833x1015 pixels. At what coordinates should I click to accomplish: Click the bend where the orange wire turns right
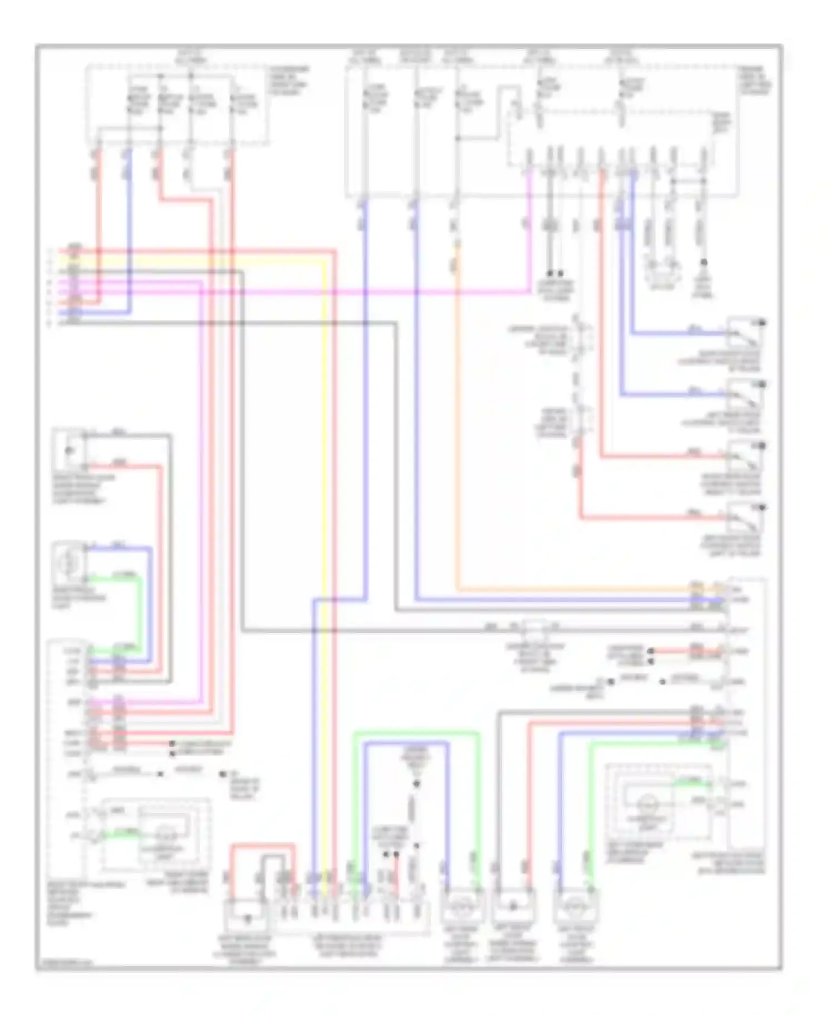click(457, 589)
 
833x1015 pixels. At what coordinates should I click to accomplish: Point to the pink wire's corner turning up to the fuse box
click(528, 291)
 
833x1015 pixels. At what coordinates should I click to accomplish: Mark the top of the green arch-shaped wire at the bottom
click(416, 732)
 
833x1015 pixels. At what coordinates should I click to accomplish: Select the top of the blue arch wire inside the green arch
click(405, 743)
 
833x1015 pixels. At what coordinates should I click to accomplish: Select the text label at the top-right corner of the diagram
click(753, 80)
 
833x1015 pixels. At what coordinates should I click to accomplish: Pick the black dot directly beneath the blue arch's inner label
click(416, 784)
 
